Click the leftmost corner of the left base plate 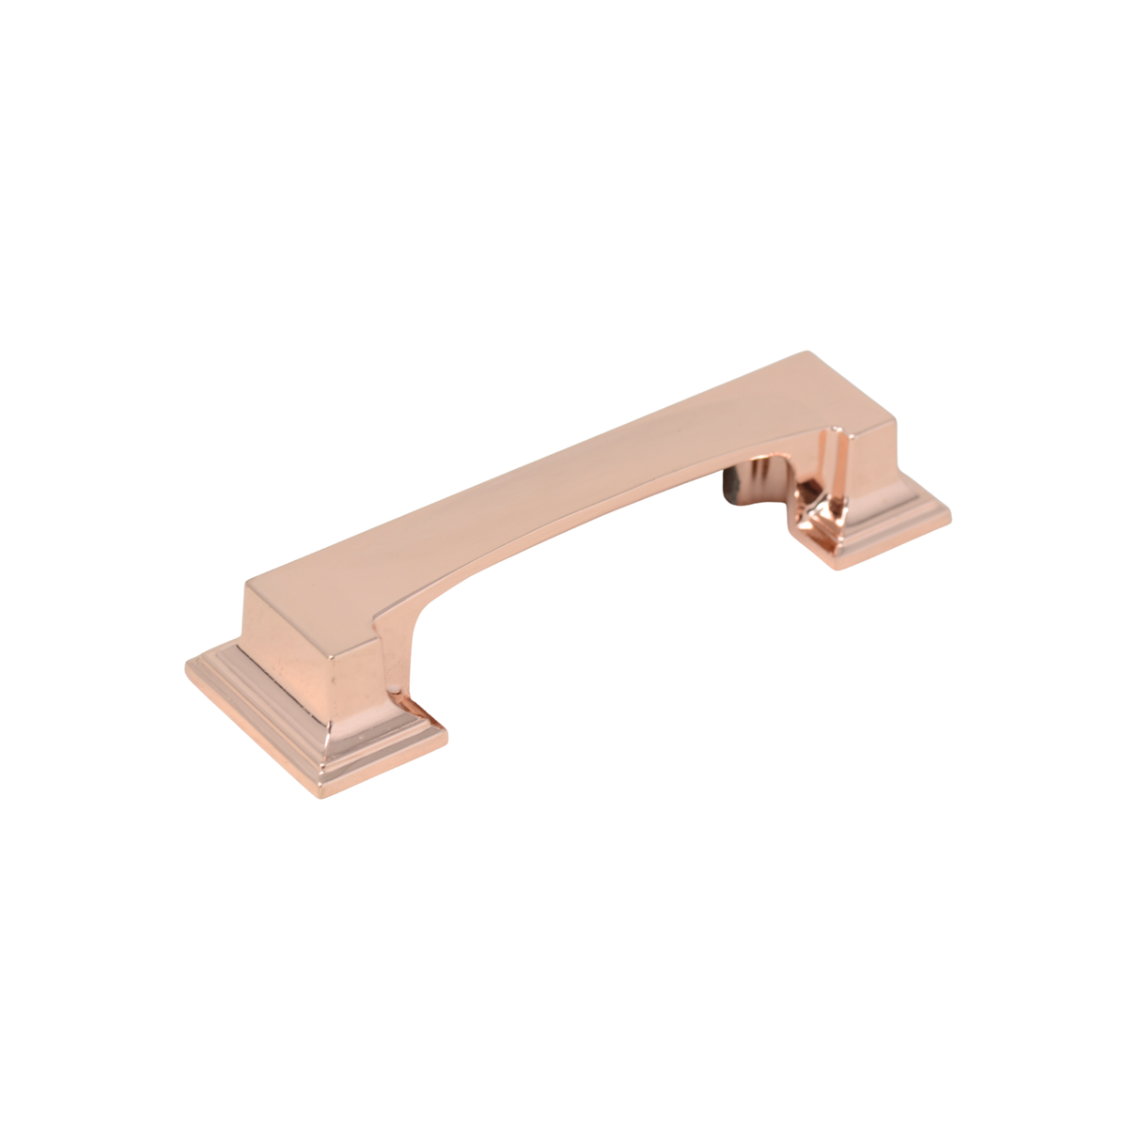pos(184,664)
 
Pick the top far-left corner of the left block pos(246,586)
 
